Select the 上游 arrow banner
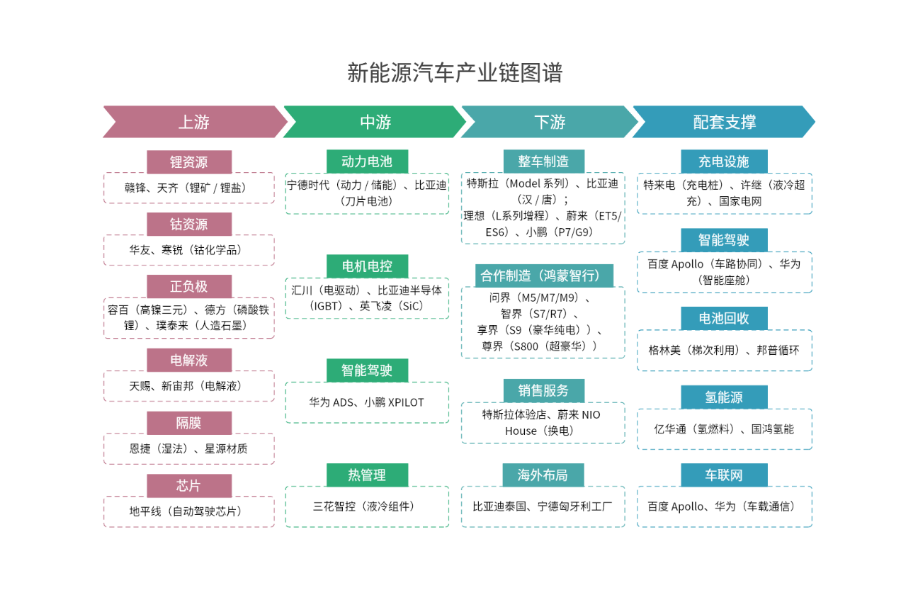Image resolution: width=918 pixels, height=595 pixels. tap(194, 122)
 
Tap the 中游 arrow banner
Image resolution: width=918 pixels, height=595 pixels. tap(375, 122)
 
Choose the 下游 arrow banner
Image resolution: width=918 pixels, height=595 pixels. tap(550, 122)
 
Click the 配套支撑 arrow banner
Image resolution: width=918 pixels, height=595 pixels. tap(724, 122)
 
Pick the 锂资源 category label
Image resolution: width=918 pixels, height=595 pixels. tap(189, 161)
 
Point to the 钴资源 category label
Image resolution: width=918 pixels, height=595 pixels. tap(189, 225)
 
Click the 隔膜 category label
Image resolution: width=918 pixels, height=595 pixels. tap(189, 423)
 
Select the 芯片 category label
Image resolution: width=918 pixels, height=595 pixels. tap(189, 486)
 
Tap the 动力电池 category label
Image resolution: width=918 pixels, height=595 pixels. tap(367, 161)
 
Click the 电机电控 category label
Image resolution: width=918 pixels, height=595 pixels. tap(367, 266)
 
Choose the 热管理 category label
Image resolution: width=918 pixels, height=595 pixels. tap(367, 475)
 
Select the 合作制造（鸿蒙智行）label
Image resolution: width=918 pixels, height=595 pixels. tap(544, 276)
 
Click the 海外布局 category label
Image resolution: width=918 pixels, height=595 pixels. tap(543, 475)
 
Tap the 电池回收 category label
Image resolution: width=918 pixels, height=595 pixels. tap(724, 318)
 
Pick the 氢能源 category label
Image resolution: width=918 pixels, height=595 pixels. tap(724, 397)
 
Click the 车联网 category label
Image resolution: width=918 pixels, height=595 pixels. tap(724, 475)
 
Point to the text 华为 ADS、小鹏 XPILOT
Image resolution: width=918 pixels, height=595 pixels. tap(366, 402)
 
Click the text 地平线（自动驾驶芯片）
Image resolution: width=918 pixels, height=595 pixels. tap(188, 511)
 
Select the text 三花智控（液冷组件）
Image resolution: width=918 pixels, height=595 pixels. tap(366, 506)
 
